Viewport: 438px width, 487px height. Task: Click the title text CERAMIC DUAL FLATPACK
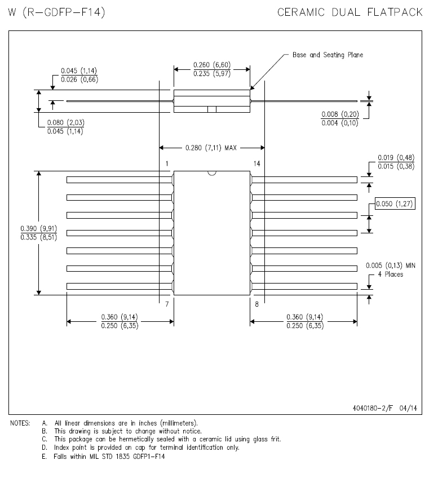(x=350, y=12)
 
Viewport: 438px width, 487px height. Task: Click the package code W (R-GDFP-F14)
(x=57, y=12)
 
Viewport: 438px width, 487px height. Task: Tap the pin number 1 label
(x=167, y=163)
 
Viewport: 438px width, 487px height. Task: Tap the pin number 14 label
(x=256, y=163)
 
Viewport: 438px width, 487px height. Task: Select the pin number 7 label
(x=167, y=304)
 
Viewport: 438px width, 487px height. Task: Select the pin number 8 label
(x=256, y=304)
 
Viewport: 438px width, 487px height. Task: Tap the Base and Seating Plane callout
(x=328, y=55)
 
